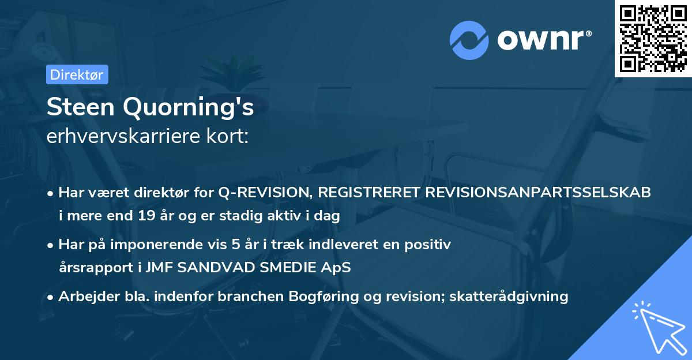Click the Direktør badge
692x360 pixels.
point(77,74)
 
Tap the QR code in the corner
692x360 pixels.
point(653,39)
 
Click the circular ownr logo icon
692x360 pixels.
point(469,40)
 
